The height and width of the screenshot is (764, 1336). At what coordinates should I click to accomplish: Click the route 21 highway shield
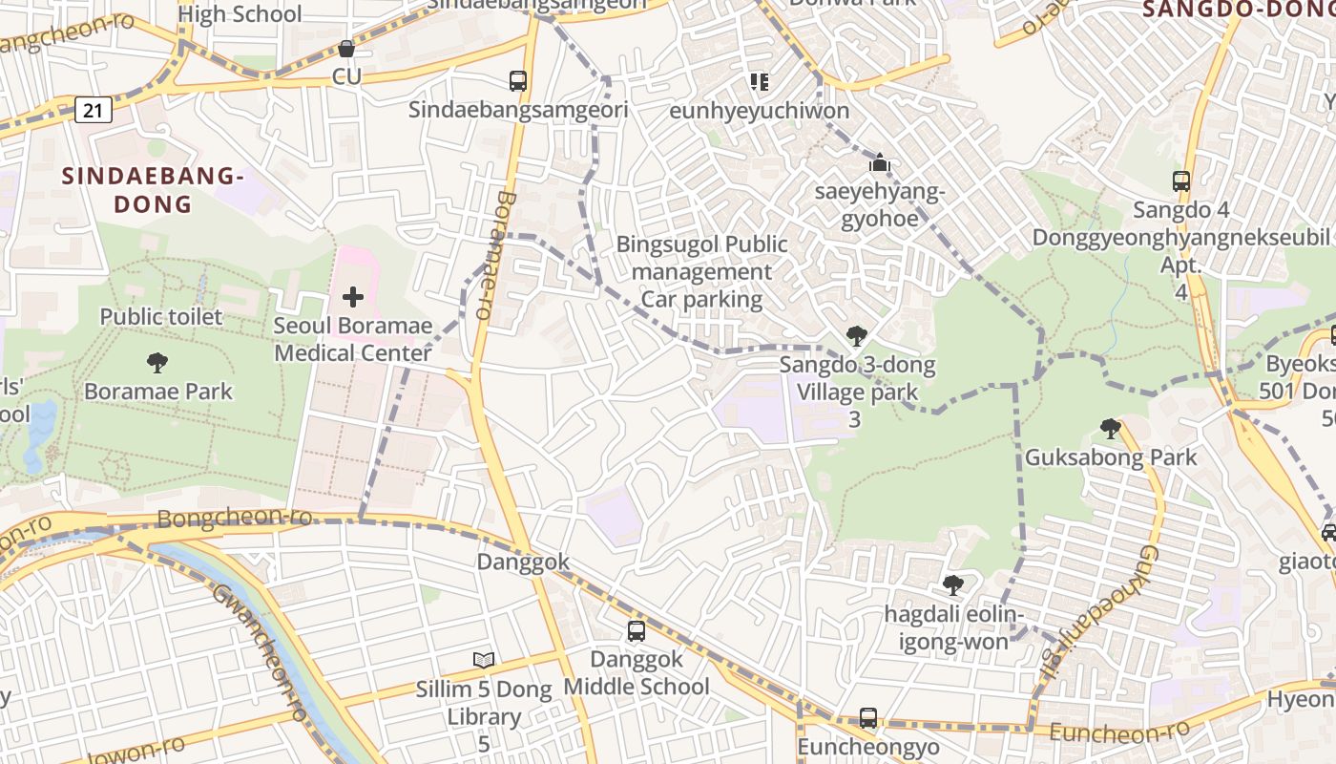click(93, 111)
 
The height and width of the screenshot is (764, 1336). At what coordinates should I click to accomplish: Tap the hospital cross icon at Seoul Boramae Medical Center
click(353, 297)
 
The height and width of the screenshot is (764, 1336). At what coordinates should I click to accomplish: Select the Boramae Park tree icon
click(157, 363)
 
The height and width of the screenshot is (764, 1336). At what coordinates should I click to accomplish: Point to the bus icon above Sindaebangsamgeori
click(518, 81)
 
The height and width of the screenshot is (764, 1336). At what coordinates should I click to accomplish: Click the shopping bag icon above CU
click(346, 49)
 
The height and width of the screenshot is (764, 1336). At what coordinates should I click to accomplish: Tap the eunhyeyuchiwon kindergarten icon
click(759, 82)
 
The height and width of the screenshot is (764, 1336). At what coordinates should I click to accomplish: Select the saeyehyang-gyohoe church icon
click(880, 164)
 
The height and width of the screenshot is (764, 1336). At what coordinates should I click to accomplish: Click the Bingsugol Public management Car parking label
click(701, 272)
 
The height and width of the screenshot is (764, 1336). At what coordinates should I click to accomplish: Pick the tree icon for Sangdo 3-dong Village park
click(856, 336)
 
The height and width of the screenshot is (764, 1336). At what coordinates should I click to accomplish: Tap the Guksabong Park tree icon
click(1110, 429)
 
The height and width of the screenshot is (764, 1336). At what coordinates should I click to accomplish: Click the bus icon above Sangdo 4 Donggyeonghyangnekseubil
click(1181, 180)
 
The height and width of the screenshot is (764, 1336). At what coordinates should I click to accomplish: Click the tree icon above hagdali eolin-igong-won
click(952, 585)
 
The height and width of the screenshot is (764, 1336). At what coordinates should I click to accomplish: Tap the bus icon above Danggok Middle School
click(637, 631)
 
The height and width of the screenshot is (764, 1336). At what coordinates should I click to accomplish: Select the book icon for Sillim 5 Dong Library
click(485, 660)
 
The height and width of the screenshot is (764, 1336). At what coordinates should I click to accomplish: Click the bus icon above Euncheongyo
click(868, 718)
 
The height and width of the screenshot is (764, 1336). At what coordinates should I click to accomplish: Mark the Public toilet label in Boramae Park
click(161, 317)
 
